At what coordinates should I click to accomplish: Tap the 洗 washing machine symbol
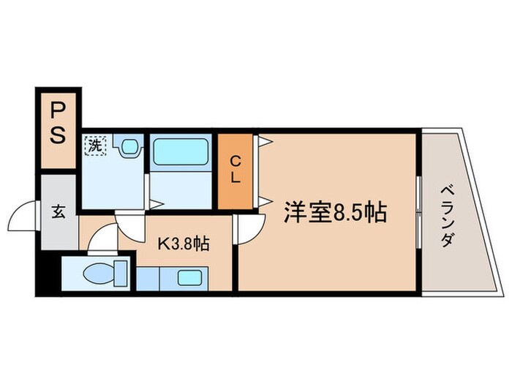point(94,145)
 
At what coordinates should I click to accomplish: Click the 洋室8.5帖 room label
point(335,213)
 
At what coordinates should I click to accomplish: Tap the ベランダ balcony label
point(448,217)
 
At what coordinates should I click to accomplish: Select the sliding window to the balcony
point(418,211)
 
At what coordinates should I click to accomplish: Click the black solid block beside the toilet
point(48,273)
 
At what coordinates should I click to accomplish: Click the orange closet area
point(236,183)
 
